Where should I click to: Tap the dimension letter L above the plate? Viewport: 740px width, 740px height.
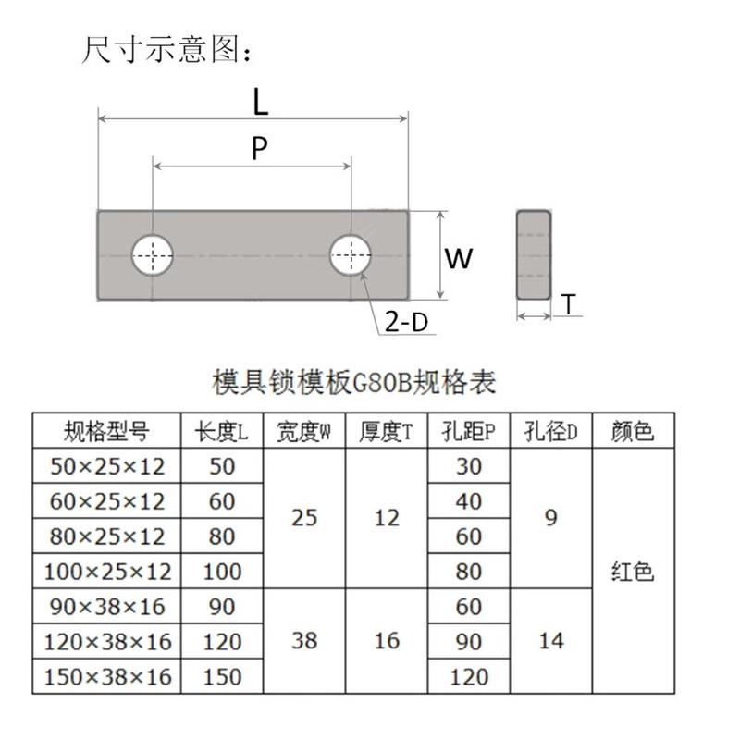pyautogui.click(x=260, y=102)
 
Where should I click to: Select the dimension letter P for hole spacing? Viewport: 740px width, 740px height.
pyautogui.click(x=260, y=148)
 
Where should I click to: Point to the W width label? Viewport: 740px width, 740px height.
pyautogui.click(x=459, y=258)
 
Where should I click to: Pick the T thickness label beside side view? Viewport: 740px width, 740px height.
pyautogui.click(x=569, y=304)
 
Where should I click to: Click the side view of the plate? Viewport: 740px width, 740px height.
pyautogui.click(x=534, y=254)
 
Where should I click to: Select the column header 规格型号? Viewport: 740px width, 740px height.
pyautogui.click(x=106, y=431)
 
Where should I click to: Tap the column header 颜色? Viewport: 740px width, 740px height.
pyautogui.click(x=633, y=431)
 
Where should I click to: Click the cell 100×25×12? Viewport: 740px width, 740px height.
pyautogui.click(x=106, y=571)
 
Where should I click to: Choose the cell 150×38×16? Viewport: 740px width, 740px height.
pyautogui.click(x=106, y=676)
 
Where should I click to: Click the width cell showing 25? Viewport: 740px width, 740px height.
pyautogui.click(x=304, y=518)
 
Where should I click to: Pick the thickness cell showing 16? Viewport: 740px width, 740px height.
pyautogui.click(x=387, y=640)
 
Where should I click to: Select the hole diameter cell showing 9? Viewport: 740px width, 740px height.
pyautogui.click(x=551, y=518)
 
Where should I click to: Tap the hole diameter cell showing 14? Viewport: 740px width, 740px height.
pyautogui.click(x=551, y=640)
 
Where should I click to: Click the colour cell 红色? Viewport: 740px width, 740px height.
pyautogui.click(x=633, y=571)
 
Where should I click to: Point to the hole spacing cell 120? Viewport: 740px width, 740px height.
pyautogui.click(x=469, y=676)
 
